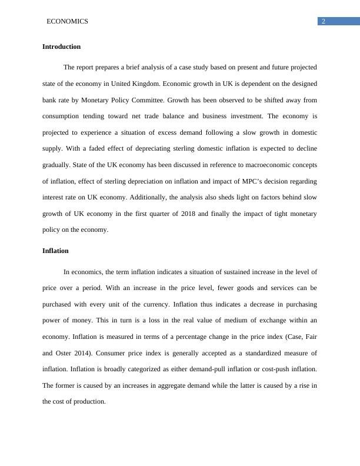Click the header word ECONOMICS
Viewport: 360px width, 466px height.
pyautogui.click(x=67, y=21)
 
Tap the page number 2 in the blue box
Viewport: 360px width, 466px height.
pyautogui.click(x=323, y=22)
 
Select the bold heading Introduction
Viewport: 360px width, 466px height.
pyautogui.click(x=62, y=46)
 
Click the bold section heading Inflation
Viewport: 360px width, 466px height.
pyautogui.click(x=55, y=251)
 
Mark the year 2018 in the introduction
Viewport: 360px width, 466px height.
pyautogui.click(x=193, y=214)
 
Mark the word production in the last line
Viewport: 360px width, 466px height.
pyautogui.click(x=89, y=401)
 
